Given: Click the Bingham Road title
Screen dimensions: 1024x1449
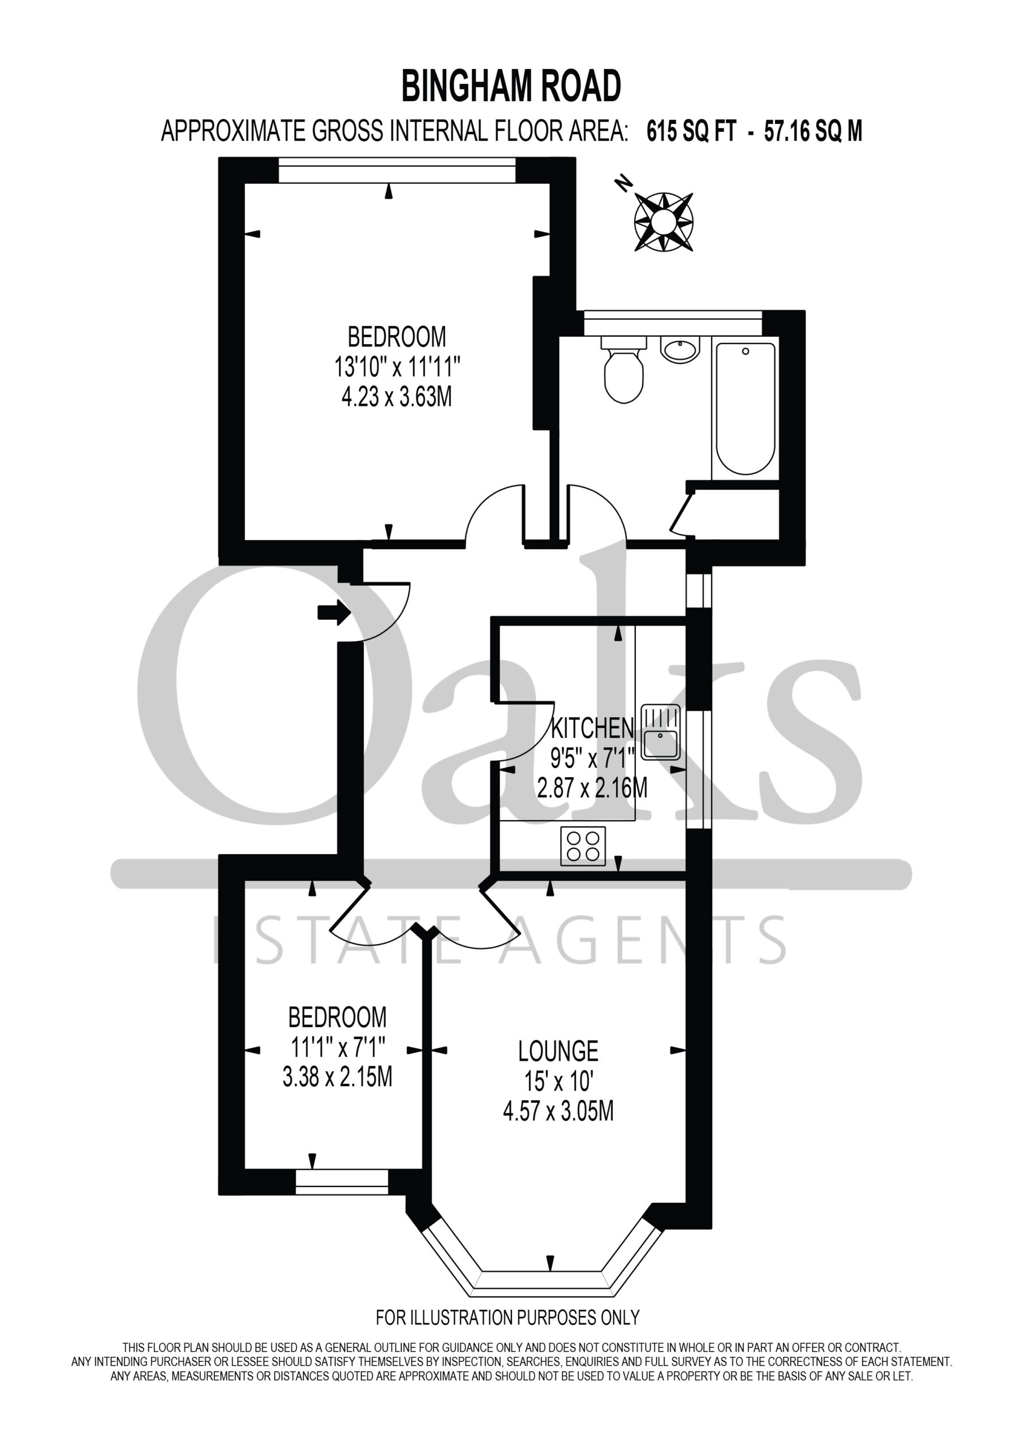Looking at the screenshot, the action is tap(511, 87).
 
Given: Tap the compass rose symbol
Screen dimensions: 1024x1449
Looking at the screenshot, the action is tap(664, 221).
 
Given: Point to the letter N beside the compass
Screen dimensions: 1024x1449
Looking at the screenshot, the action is tap(624, 183).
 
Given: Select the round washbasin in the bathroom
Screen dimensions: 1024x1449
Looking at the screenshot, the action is tap(679, 349).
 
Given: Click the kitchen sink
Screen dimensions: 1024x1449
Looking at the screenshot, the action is tap(661, 732).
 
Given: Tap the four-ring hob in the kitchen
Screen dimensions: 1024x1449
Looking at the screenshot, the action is tap(582, 846).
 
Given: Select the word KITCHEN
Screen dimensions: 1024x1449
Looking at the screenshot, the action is tap(592, 729).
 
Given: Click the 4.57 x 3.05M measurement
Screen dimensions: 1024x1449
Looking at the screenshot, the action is tap(558, 1111).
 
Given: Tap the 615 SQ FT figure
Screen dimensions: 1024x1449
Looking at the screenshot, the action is tap(691, 132).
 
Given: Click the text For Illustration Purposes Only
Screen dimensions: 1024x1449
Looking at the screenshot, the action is tap(508, 1318).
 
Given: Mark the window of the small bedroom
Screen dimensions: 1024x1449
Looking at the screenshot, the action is tap(342, 1182).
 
